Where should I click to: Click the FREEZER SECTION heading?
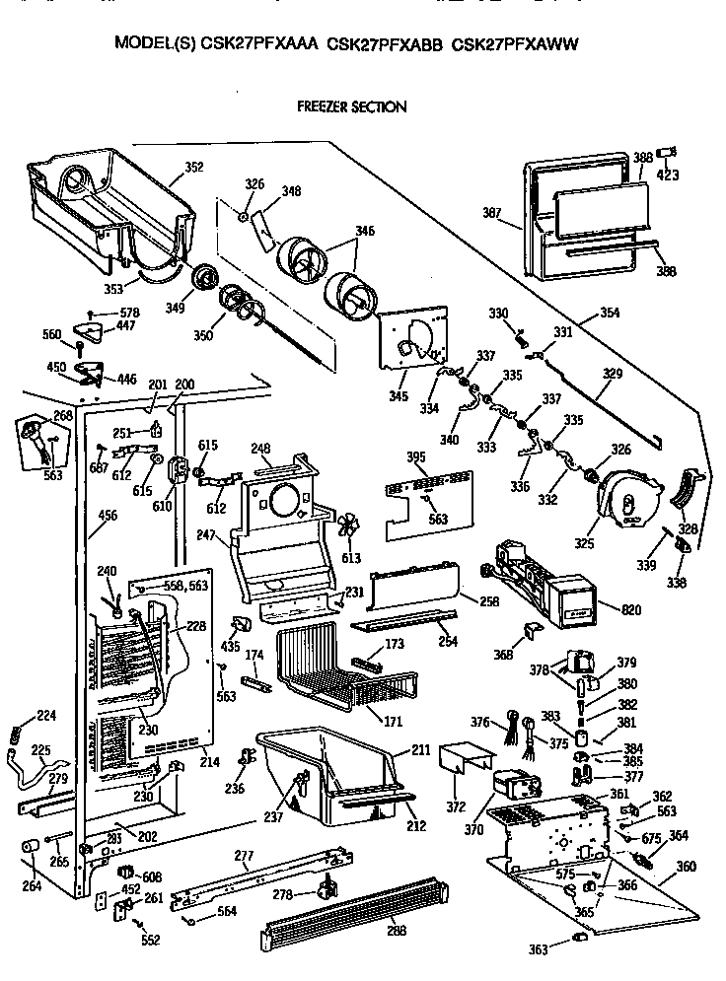pos(351,106)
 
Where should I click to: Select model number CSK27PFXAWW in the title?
pos(514,44)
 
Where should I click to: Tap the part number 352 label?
pos(193,168)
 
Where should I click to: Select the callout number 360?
pos(685,867)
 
